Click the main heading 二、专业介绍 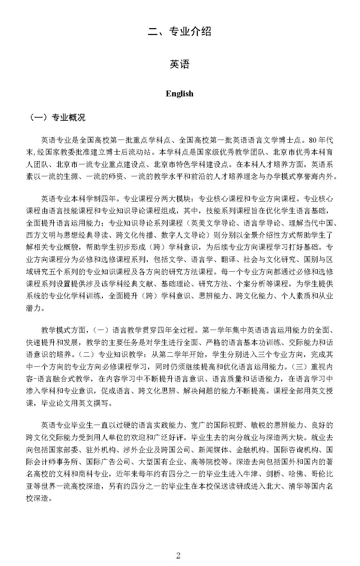click(179, 32)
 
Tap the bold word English click(179, 94)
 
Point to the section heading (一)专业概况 click(57, 118)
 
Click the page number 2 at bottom click(178, 556)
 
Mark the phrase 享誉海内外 click(317, 177)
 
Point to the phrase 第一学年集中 click(225, 330)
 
